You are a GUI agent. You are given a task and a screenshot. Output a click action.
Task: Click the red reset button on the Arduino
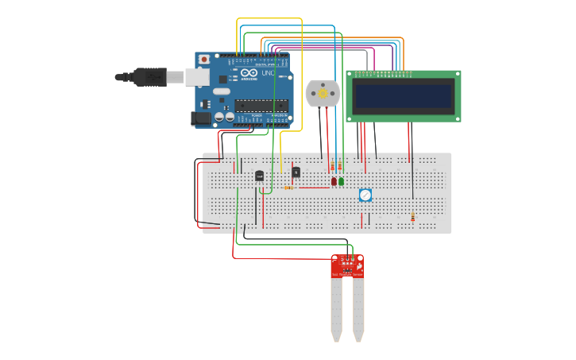coord(204,60)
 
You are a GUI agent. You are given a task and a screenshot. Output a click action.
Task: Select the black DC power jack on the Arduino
coord(202,118)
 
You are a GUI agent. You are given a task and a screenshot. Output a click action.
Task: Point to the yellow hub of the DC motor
coord(323,95)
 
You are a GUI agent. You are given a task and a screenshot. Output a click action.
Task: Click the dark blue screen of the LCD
coord(403,96)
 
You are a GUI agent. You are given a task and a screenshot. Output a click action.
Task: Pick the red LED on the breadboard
coord(334,181)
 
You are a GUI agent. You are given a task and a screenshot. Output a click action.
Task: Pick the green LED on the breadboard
coord(342,181)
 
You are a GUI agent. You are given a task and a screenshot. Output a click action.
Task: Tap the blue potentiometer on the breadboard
coord(365,195)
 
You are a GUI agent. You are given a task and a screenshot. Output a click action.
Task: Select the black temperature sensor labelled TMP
coord(259,176)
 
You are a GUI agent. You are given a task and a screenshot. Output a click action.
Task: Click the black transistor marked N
coord(296,172)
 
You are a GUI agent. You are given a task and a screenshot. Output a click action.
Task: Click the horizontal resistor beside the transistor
coord(288,188)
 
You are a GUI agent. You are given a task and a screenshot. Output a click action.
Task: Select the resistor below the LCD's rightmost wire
coord(412,218)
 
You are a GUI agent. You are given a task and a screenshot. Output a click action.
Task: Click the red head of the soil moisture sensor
coord(347,265)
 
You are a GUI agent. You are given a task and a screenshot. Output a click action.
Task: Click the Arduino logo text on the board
coord(249,73)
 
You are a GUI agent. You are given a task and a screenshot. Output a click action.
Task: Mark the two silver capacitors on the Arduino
coord(224,118)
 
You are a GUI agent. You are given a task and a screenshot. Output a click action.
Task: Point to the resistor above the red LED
coord(332,167)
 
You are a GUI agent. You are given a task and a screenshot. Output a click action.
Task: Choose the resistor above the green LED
coord(340,167)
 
